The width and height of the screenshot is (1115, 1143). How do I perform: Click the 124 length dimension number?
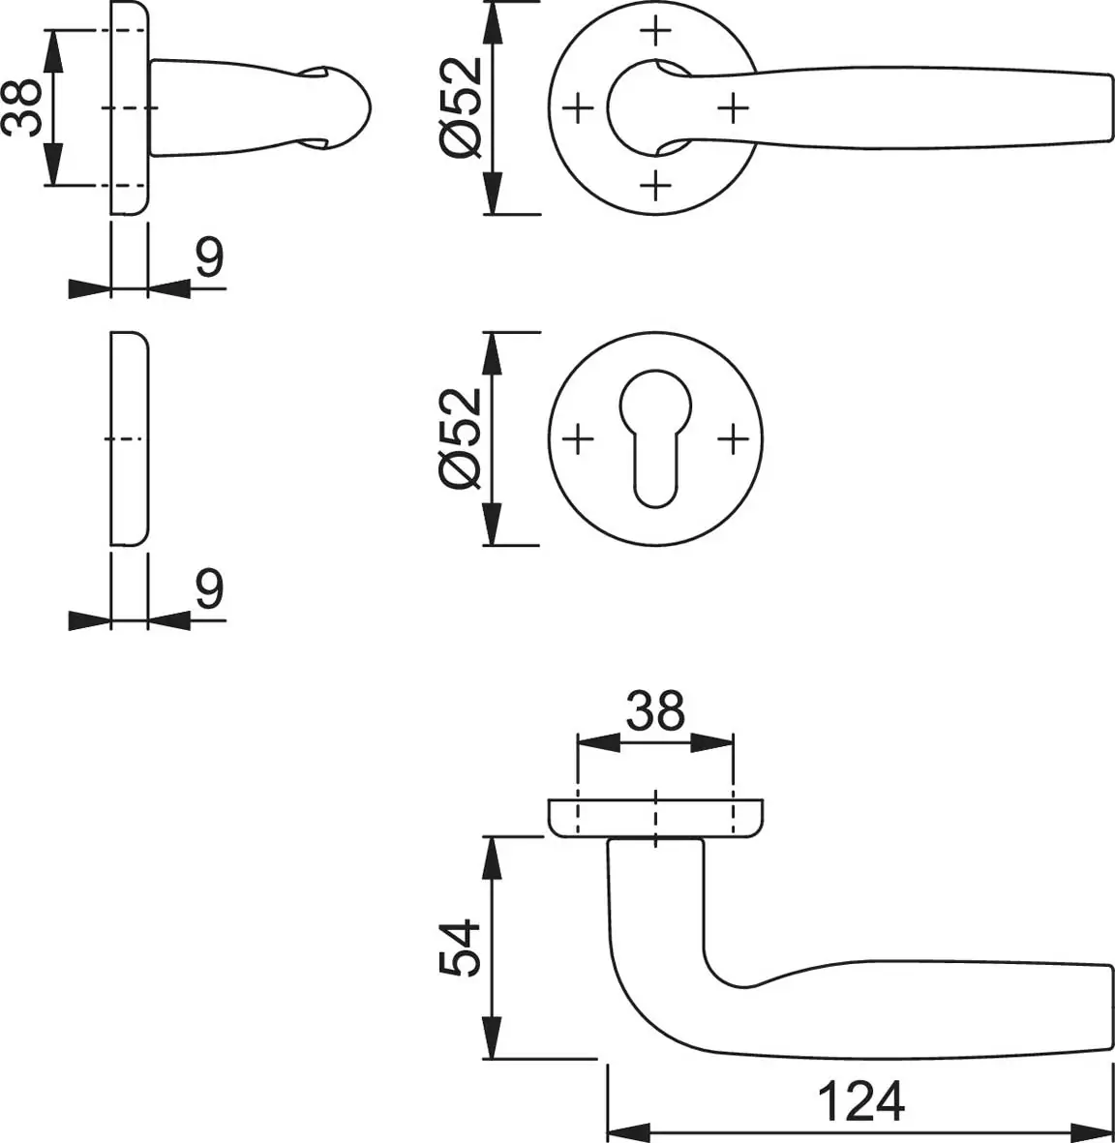point(861,1101)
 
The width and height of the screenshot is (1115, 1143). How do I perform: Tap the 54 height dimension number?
point(460,947)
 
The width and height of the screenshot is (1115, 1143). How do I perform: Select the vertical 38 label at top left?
point(21,107)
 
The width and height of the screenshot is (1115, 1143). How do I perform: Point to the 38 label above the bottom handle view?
point(655,710)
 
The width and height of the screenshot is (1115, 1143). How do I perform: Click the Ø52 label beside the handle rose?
point(461,107)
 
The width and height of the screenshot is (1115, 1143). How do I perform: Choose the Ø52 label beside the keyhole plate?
point(461,438)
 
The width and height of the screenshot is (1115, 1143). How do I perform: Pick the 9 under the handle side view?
point(209,256)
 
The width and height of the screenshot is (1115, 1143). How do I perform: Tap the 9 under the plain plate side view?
point(209,588)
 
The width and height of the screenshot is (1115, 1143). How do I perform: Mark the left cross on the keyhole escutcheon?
point(578,439)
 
